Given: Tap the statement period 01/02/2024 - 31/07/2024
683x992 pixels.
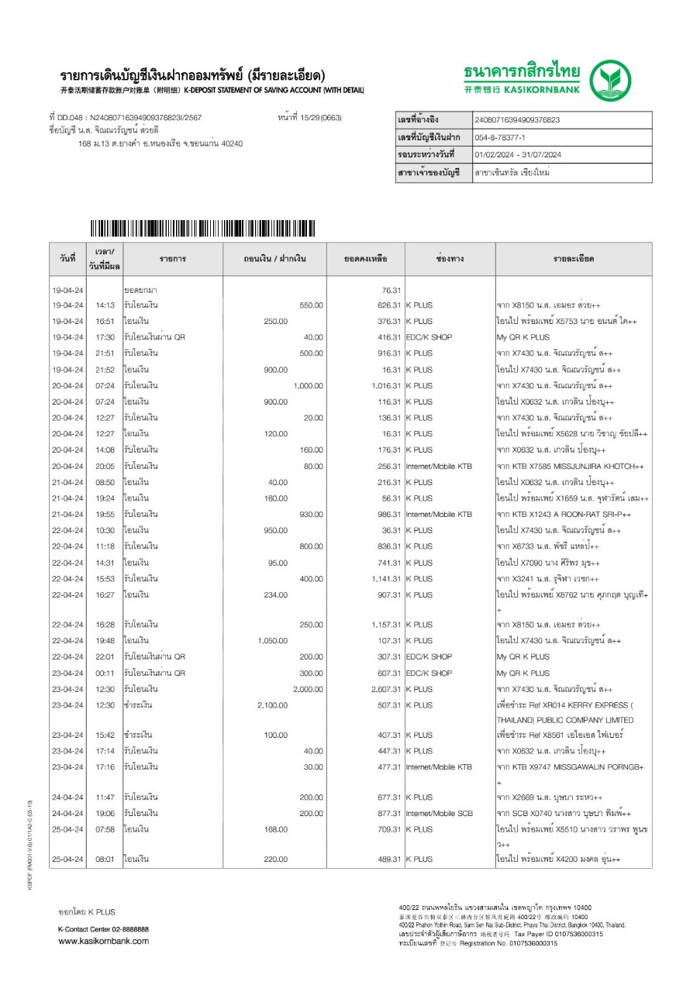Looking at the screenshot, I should tap(517, 155).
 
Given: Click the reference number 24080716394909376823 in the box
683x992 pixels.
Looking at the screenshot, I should tap(516, 120).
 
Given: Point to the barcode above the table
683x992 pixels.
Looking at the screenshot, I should tap(202, 228).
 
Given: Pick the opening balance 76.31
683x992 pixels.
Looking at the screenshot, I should tap(391, 289).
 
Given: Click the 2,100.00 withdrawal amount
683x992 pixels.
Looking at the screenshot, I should tap(272, 705).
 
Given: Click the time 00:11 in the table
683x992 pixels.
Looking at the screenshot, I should tap(105, 673).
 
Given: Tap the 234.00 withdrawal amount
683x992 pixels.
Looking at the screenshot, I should tap(276, 595).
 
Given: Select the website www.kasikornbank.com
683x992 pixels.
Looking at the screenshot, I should tap(103, 942).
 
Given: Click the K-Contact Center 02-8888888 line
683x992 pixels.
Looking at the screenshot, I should tap(103, 928).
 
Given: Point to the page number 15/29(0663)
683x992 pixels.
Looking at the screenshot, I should tap(309, 118).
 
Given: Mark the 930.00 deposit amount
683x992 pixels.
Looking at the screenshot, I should tap(311, 515).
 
